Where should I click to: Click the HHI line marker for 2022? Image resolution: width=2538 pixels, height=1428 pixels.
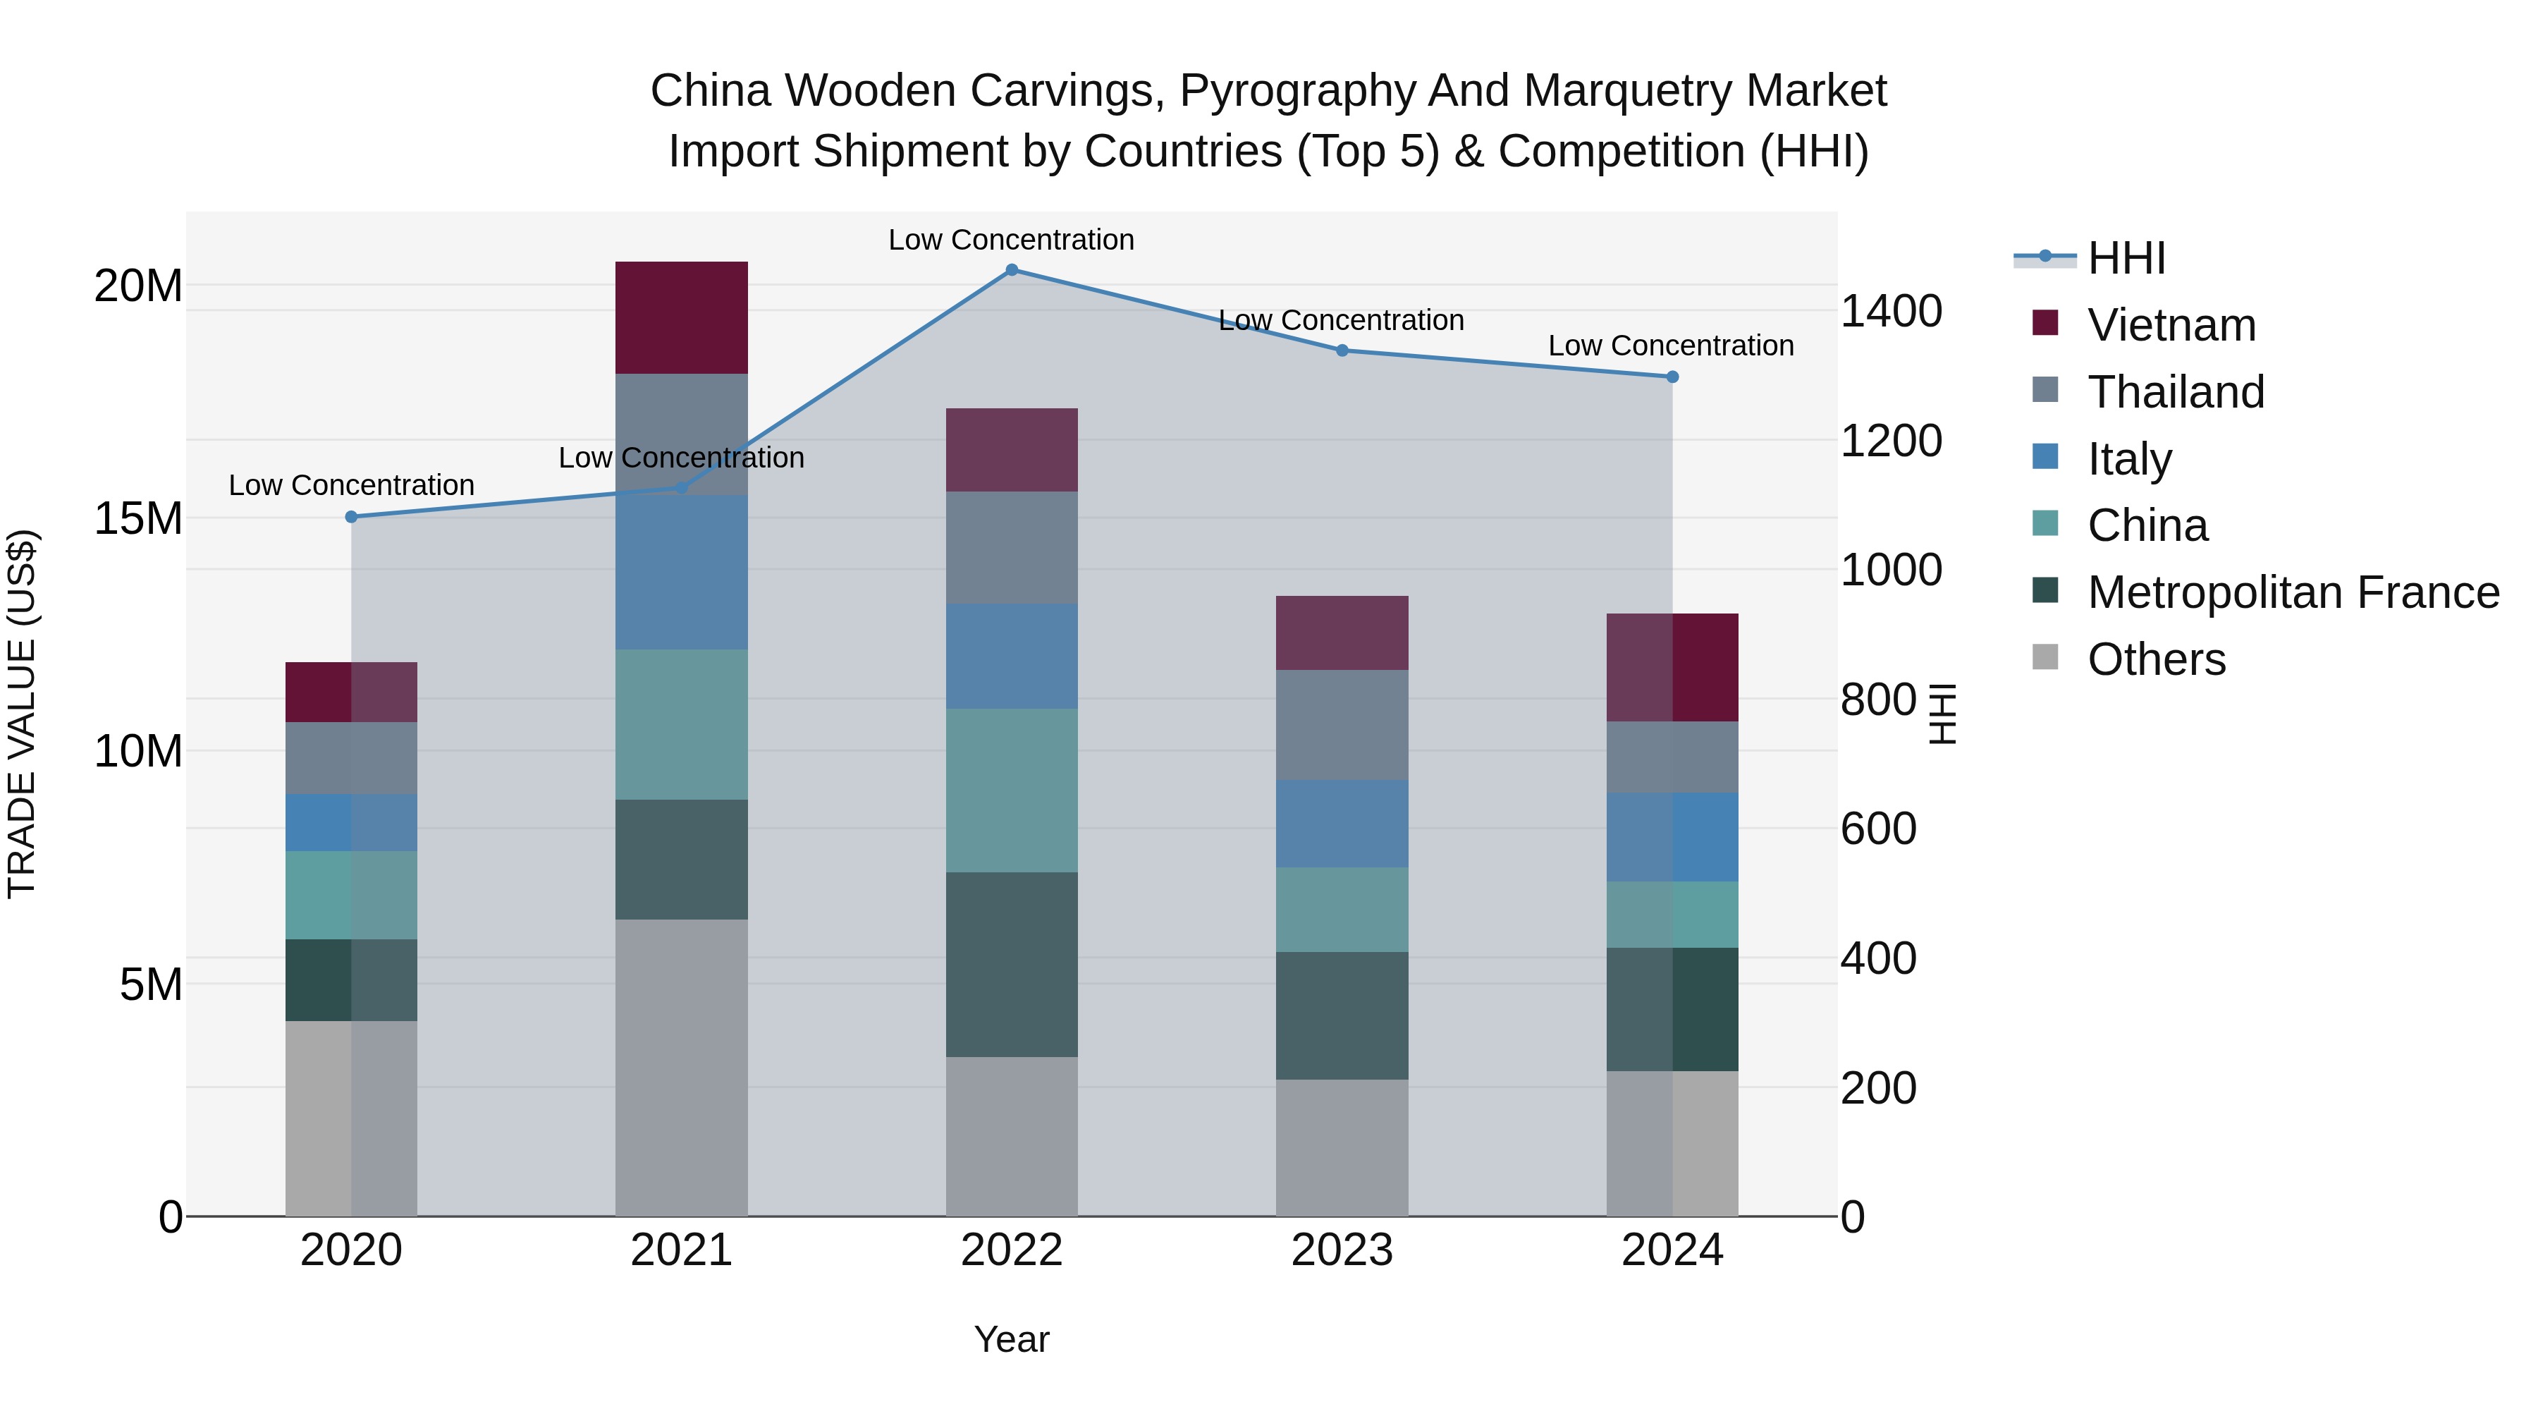[x=1012, y=270]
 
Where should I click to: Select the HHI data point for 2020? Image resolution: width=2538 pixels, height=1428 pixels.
[x=352, y=516]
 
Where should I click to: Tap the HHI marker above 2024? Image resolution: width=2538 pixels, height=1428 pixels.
[x=1672, y=377]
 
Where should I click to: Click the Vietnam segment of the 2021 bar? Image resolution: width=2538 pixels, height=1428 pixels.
[x=682, y=317]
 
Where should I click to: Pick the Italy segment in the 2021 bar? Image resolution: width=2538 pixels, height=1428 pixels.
[x=682, y=572]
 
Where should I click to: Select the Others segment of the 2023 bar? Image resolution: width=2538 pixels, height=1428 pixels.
[x=1342, y=1148]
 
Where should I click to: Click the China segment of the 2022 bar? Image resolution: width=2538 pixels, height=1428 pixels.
[x=1012, y=791]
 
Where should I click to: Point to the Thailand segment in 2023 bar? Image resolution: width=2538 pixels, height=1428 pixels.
[x=1342, y=726]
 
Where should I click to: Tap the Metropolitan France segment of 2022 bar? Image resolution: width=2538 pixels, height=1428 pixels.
[x=1012, y=965]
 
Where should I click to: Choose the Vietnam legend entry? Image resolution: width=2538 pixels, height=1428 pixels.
[x=2144, y=324]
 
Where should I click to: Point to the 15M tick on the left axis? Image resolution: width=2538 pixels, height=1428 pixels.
[x=138, y=518]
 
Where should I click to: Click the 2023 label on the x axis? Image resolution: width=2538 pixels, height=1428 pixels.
[x=1342, y=1250]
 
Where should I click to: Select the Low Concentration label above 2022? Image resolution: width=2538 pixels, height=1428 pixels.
[x=1012, y=240]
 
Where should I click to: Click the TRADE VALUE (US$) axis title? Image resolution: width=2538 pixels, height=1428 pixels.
[x=22, y=714]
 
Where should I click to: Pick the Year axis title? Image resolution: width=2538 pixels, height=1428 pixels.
[x=1012, y=1339]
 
